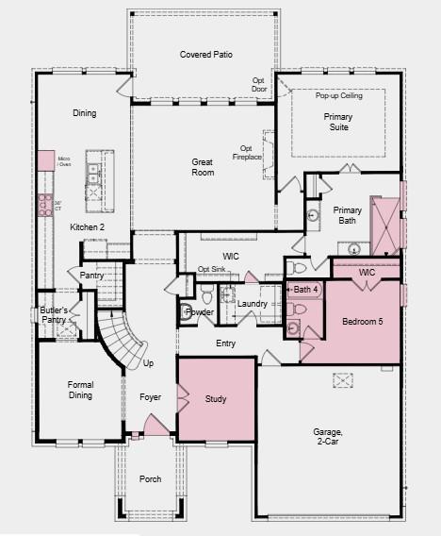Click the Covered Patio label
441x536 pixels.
point(206,55)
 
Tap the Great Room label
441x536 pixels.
point(203,167)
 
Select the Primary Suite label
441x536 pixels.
point(338,123)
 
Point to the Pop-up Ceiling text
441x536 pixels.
point(338,96)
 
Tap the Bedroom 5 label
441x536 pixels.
point(363,322)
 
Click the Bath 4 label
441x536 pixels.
point(305,289)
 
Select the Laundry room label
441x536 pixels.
point(252,304)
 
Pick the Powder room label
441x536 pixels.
point(201,311)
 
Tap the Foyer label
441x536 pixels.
point(151,398)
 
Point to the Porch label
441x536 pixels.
point(150,479)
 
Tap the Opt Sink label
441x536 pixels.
point(211,270)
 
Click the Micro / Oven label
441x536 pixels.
point(64,161)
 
